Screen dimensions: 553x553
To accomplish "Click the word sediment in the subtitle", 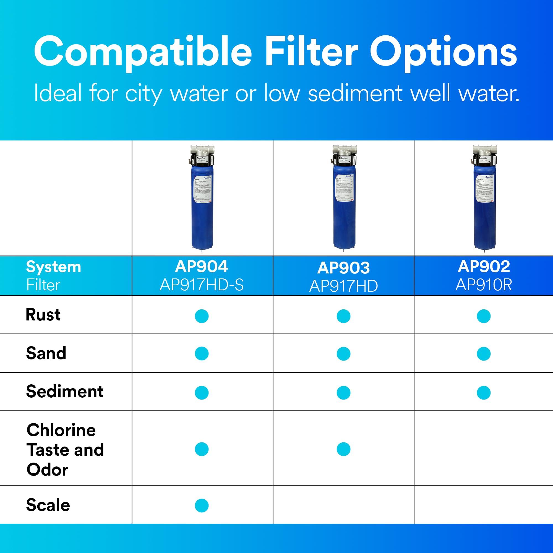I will pyautogui.click(x=355, y=93).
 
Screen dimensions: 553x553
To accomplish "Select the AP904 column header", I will pyautogui.click(x=202, y=267).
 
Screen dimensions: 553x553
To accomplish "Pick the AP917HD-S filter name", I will pyautogui.click(x=202, y=285).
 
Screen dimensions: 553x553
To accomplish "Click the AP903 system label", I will pyautogui.click(x=343, y=268).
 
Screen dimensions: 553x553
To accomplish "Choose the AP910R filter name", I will pyautogui.click(x=484, y=285).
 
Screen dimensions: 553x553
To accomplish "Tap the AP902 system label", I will pyautogui.click(x=484, y=267).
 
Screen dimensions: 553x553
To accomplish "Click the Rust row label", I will pyautogui.click(x=43, y=315).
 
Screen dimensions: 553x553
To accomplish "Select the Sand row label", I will pyautogui.click(x=46, y=353).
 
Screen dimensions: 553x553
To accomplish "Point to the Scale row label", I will pyautogui.click(x=48, y=505).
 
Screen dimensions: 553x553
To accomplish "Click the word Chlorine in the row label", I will pyautogui.click(x=61, y=430).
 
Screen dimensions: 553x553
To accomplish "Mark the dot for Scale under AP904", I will pyautogui.click(x=202, y=505).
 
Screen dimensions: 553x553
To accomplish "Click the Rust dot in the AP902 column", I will pyautogui.click(x=484, y=316).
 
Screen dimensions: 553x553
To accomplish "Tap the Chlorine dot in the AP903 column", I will pyautogui.click(x=343, y=449).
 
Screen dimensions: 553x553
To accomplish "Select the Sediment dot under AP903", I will pyautogui.click(x=343, y=393).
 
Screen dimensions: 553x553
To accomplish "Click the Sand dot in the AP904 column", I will pyautogui.click(x=202, y=354).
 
